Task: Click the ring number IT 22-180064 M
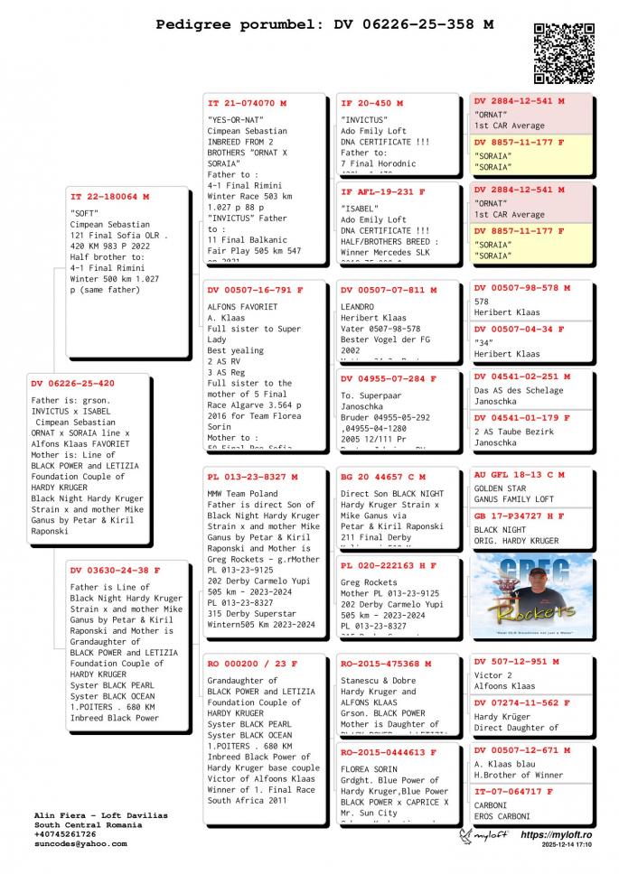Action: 110,196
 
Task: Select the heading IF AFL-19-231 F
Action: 383,191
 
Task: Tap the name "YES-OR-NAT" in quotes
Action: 235,119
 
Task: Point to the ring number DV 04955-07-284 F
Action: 389,378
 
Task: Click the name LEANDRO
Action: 358,307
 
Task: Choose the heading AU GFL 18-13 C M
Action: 520,474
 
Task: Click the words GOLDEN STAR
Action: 502,488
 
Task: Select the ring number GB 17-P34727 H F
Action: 520,516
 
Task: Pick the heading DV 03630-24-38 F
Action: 116,570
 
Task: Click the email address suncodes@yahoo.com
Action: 80,844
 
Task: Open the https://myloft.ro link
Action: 557,835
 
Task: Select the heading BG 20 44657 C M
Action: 383,476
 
